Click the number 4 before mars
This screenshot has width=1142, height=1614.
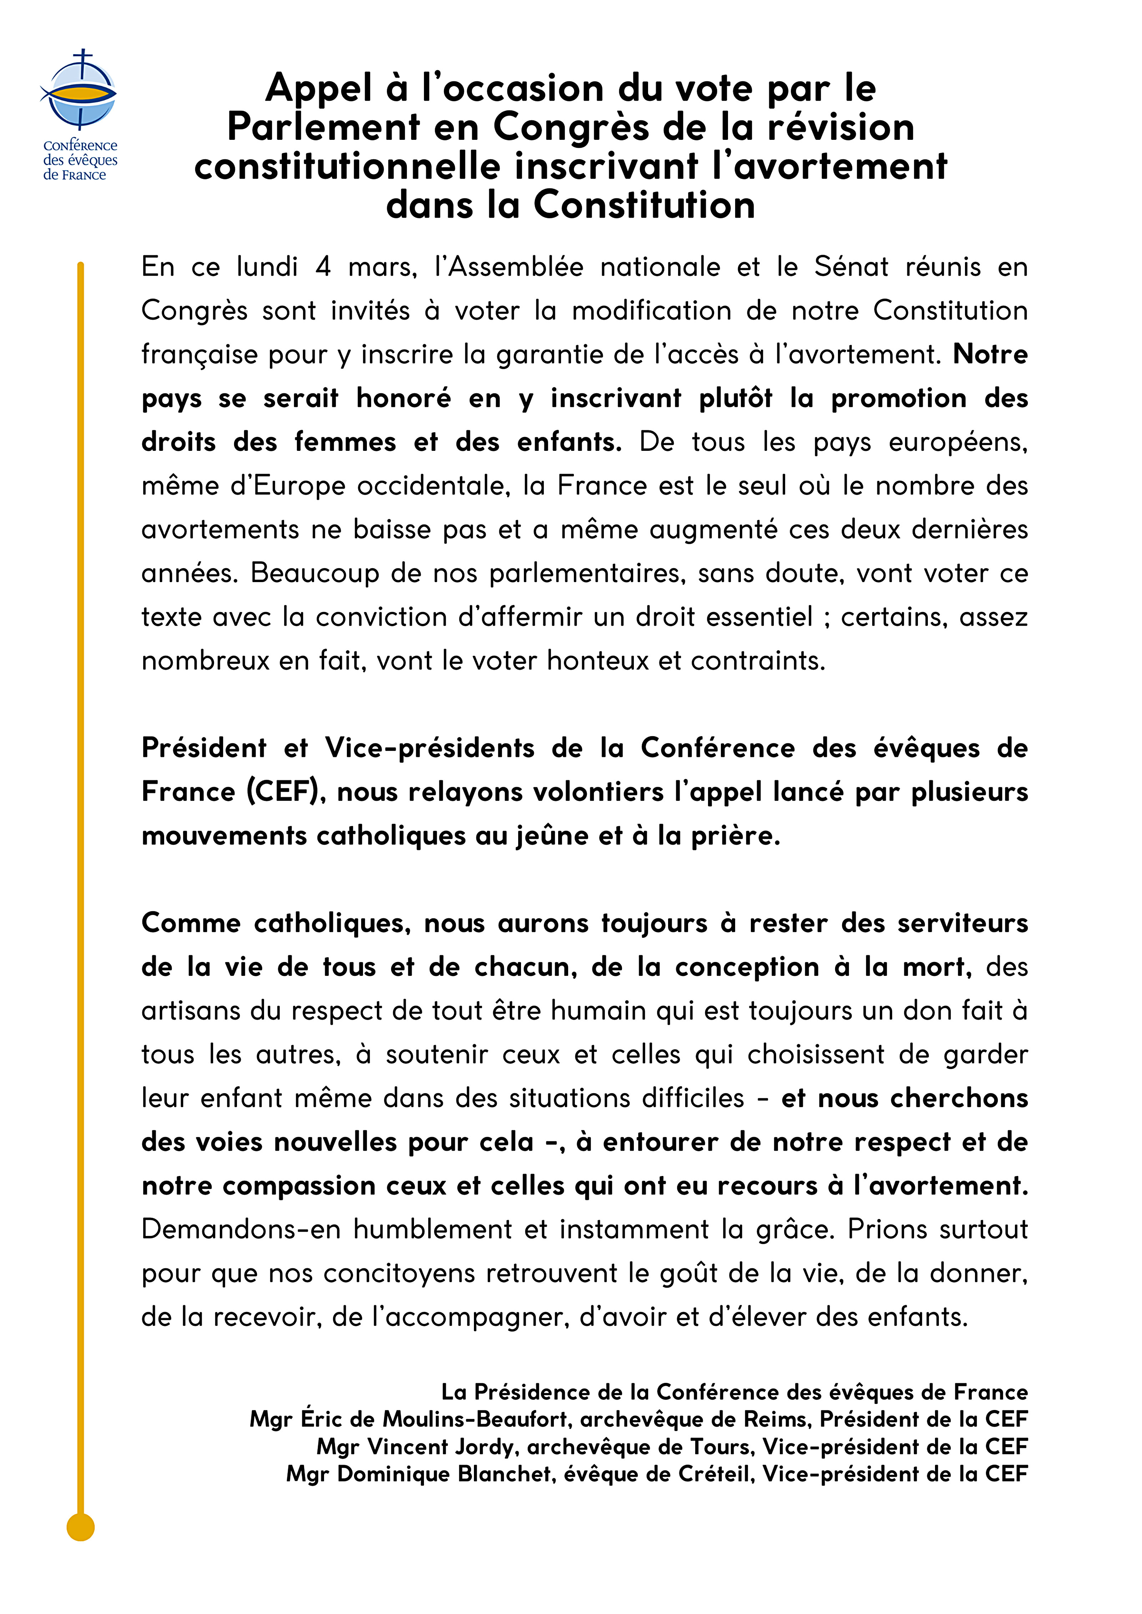tap(323, 267)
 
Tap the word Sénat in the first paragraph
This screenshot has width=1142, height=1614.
tap(851, 267)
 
